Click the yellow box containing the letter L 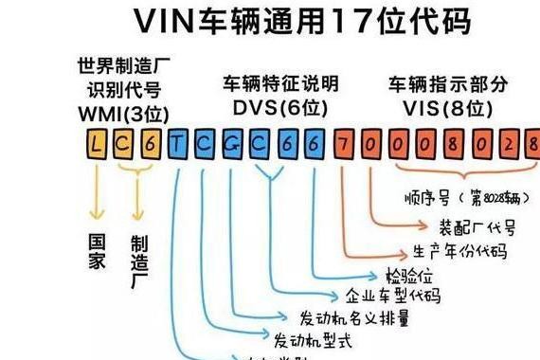[97, 144]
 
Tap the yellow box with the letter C [124, 144]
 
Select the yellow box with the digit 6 [151, 144]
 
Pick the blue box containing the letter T [178, 144]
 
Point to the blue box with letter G [232, 144]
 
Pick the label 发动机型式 [312, 338]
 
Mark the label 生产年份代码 [459, 251]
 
